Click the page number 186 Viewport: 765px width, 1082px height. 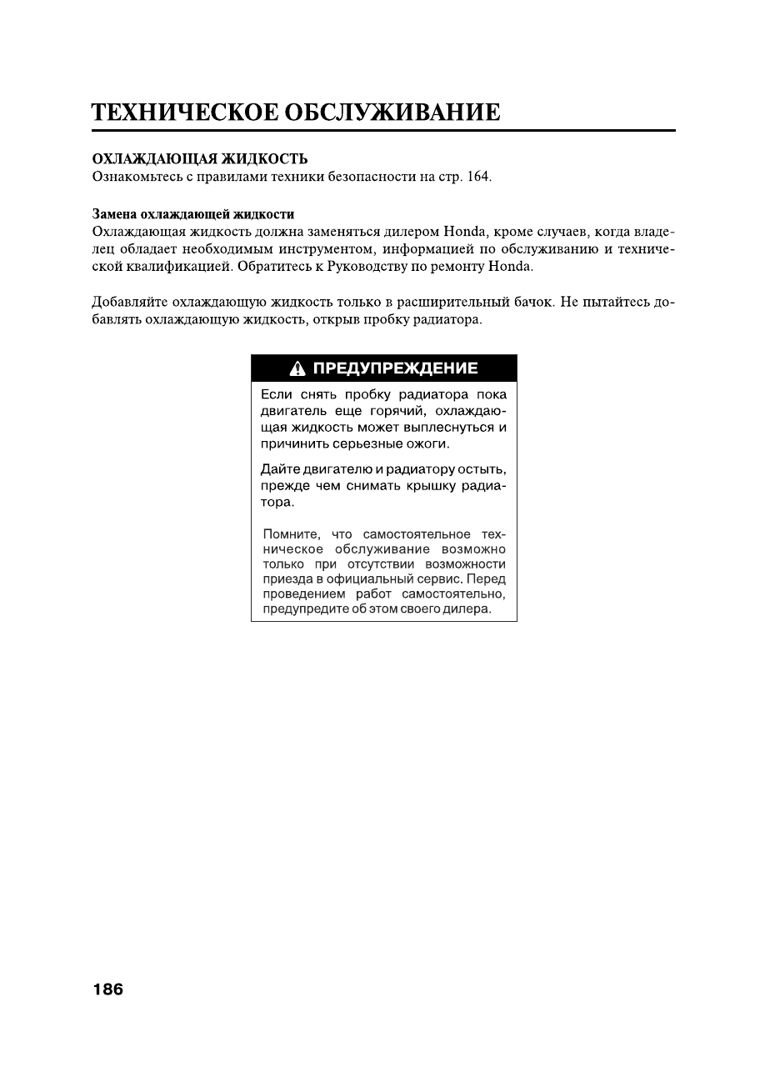[107, 989]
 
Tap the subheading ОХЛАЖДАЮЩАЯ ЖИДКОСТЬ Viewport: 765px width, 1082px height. [199, 158]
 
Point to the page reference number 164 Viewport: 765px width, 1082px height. [478, 176]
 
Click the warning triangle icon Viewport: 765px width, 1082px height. [297, 368]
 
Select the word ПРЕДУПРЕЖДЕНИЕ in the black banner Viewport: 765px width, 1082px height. [395, 368]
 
